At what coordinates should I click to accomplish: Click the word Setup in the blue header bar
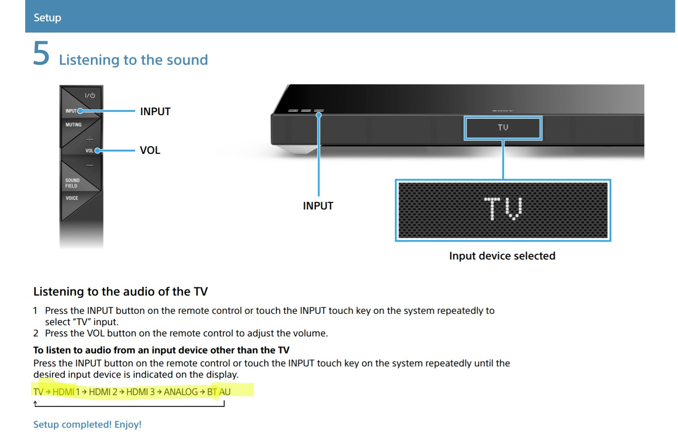coord(47,17)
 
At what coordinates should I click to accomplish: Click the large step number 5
coord(41,54)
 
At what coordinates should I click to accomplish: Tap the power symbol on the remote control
coord(90,95)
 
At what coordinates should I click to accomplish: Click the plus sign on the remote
coord(89,139)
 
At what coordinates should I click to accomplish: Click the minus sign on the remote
coord(89,166)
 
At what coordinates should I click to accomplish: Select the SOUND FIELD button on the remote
coord(72,183)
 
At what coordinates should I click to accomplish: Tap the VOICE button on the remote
coord(72,198)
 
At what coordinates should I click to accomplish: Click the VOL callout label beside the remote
coord(150,150)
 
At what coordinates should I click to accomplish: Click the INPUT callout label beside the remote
coord(155,112)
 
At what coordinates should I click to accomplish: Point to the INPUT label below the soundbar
coord(318,206)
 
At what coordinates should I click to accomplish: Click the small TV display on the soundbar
coord(503,128)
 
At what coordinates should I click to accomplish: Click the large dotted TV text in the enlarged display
coord(503,209)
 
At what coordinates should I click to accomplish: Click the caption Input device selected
coord(502,256)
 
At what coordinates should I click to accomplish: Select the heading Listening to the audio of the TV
coord(120,291)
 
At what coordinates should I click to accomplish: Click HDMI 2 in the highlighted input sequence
coord(103,392)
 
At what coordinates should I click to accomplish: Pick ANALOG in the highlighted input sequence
coord(180,392)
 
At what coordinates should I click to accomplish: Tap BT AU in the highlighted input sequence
coord(218,392)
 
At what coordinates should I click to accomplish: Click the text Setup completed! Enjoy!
coord(87,425)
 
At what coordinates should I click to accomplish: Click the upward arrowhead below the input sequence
coord(36,404)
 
